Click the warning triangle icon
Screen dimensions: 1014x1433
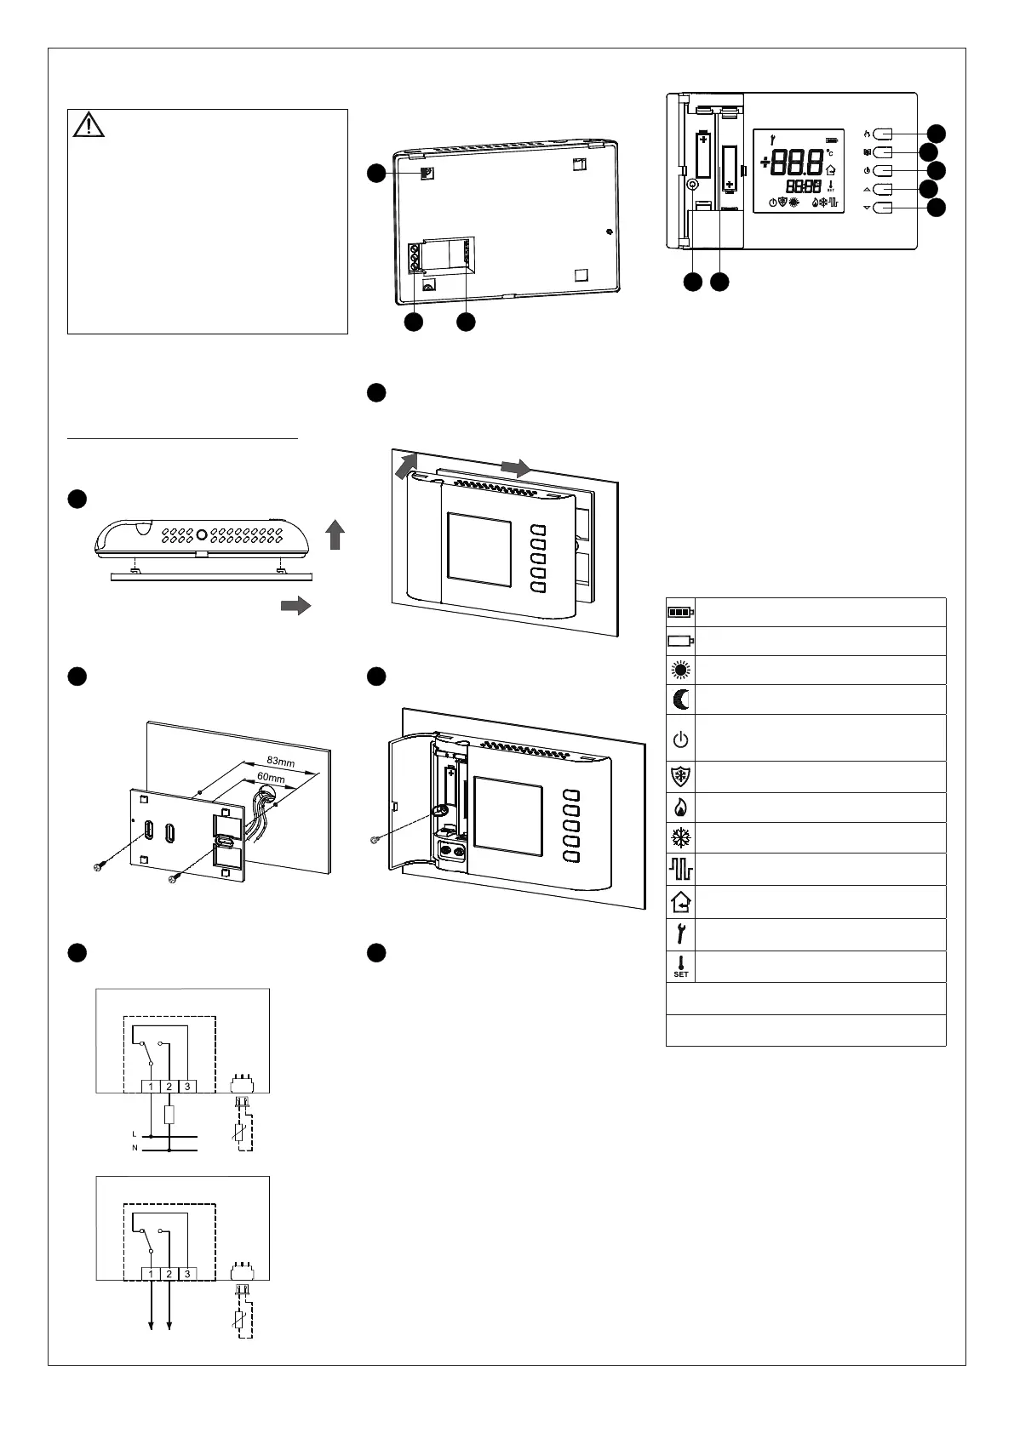[89, 125]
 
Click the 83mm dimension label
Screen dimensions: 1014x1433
[280, 762]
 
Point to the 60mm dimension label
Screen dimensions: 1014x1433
[271, 777]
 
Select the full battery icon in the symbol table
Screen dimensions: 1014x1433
[680, 612]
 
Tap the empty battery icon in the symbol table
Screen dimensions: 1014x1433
[680, 641]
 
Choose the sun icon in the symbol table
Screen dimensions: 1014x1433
[680, 670]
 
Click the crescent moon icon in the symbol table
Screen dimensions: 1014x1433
[681, 699]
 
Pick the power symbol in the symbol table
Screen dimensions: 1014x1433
[680, 739]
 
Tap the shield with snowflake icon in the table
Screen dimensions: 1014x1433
[680, 777]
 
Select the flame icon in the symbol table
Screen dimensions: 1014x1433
[680, 808]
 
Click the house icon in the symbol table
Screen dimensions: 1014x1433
[680, 902]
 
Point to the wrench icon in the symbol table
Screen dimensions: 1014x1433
[680, 934]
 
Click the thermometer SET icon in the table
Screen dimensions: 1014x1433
[680, 967]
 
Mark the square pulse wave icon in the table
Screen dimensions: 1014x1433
[680, 869]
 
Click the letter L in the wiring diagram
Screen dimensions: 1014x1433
[134, 1134]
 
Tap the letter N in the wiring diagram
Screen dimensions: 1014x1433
[135, 1148]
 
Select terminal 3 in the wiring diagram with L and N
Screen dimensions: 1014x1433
[187, 1087]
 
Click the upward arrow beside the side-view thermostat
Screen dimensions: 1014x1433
[335, 534]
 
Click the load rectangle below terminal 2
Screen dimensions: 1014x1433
[169, 1115]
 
